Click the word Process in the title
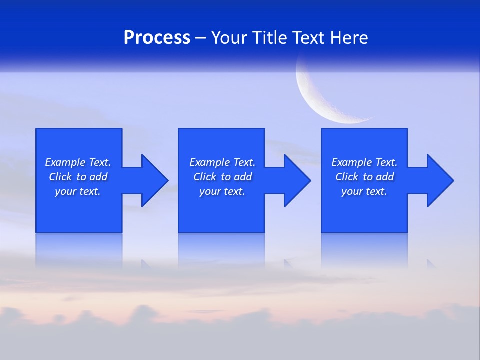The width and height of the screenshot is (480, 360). pyautogui.click(x=157, y=38)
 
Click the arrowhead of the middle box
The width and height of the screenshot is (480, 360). pyautogui.click(x=296, y=180)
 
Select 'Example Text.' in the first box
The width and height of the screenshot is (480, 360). pyautogui.click(x=78, y=162)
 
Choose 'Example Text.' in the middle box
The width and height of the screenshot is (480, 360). pyautogui.click(x=222, y=162)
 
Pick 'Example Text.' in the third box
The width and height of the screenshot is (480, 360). pyautogui.click(x=364, y=162)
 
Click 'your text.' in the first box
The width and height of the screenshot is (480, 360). pyautogui.click(x=78, y=191)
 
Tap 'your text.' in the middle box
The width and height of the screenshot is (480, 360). pyautogui.click(x=222, y=191)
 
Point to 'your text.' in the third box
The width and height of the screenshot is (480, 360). pyautogui.click(x=364, y=191)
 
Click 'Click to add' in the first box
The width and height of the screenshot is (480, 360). pyautogui.click(x=78, y=177)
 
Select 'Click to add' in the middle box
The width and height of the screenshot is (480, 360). pyautogui.click(x=222, y=177)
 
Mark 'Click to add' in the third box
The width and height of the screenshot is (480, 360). pyautogui.click(x=364, y=177)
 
